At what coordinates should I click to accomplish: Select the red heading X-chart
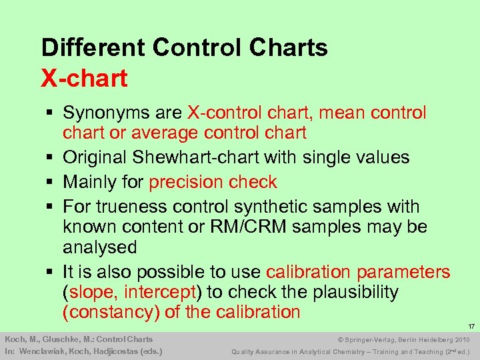84,78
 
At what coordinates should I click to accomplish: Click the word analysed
100,247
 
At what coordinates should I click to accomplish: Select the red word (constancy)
107,312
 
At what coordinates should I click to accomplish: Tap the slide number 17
471,326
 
